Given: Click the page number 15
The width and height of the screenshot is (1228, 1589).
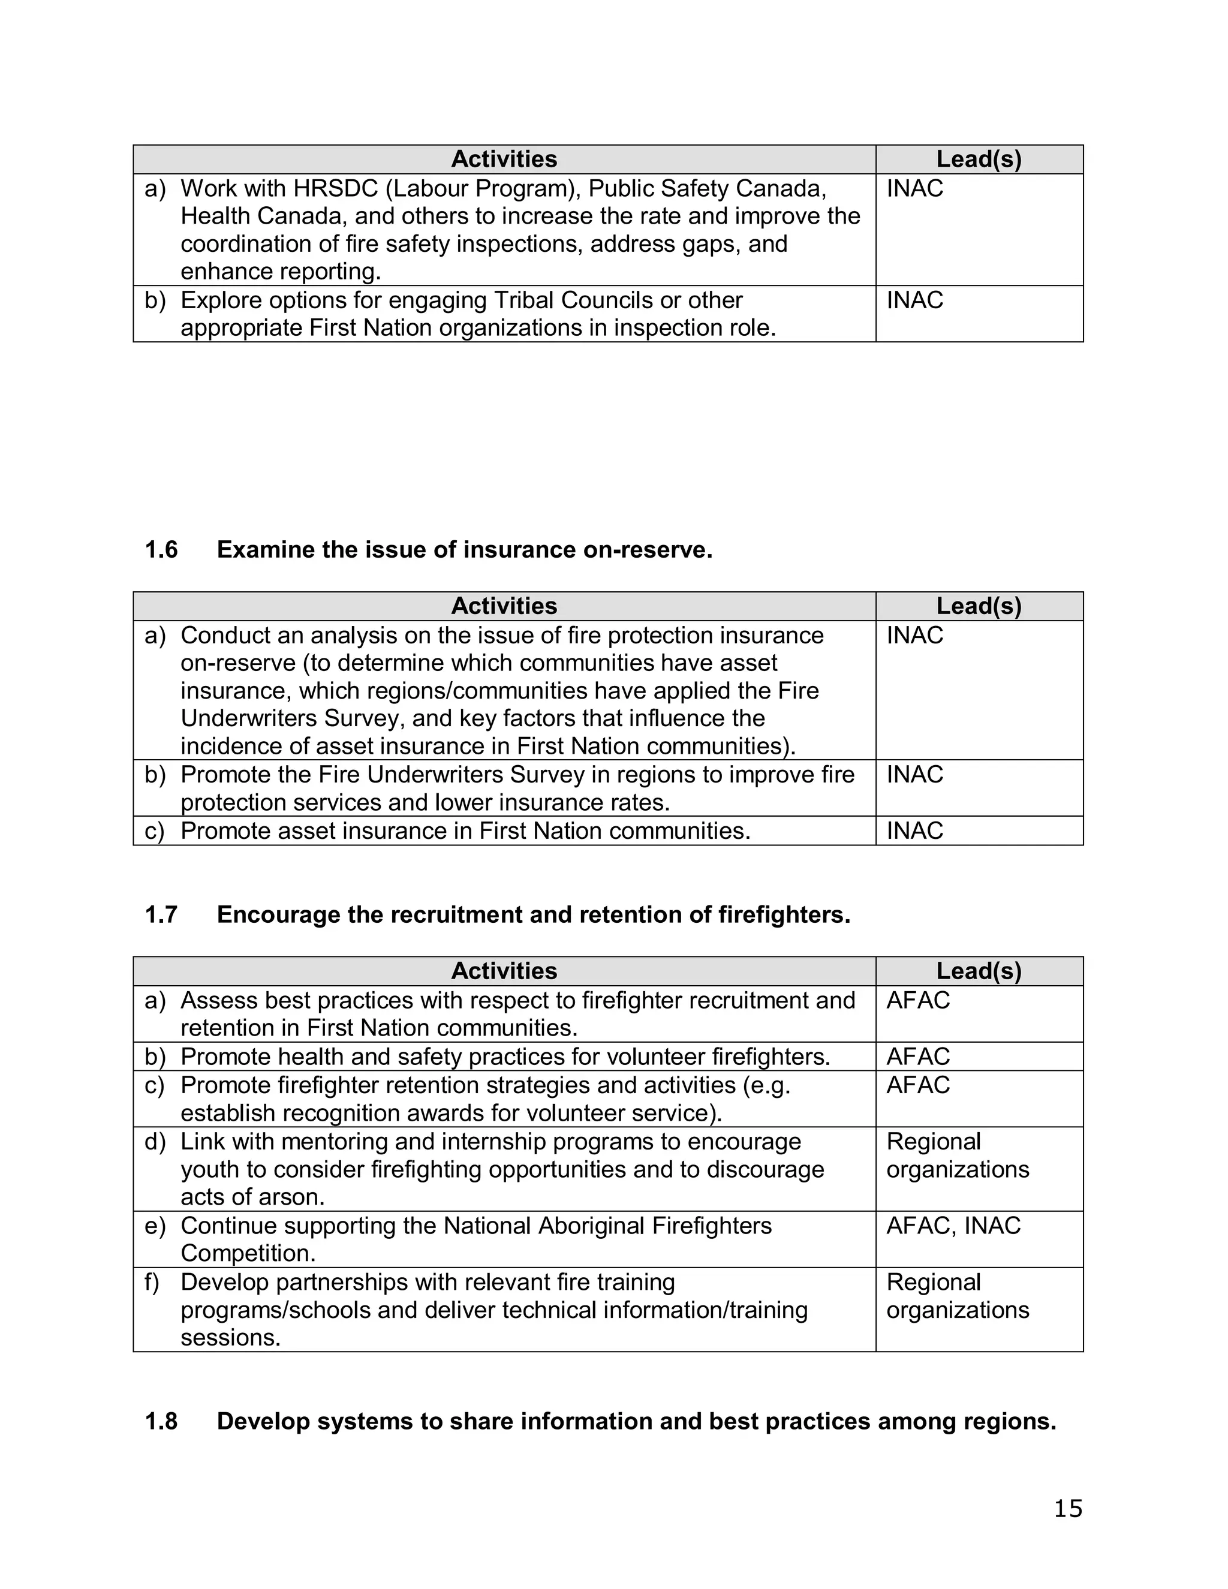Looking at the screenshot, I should point(1067,1509).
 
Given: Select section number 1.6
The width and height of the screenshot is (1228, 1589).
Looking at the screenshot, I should point(161,550).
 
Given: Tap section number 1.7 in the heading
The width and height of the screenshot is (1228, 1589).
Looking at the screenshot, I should point(161,914).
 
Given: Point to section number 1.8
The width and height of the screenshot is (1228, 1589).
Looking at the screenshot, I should point(161,1421).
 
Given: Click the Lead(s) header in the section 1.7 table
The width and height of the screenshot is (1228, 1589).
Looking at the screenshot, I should point(979,971).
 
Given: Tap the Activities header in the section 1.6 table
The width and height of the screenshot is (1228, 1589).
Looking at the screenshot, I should point(504,606).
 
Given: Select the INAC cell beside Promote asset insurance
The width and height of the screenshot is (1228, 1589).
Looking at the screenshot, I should point(914,831).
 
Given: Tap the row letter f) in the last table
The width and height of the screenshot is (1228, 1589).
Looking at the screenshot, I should point(153,1282).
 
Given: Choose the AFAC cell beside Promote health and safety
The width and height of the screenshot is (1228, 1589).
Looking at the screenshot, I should point(918,1057).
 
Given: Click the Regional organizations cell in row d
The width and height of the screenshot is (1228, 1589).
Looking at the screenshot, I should point(958,1155).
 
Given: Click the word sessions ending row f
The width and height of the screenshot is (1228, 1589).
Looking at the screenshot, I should point(229,1338).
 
